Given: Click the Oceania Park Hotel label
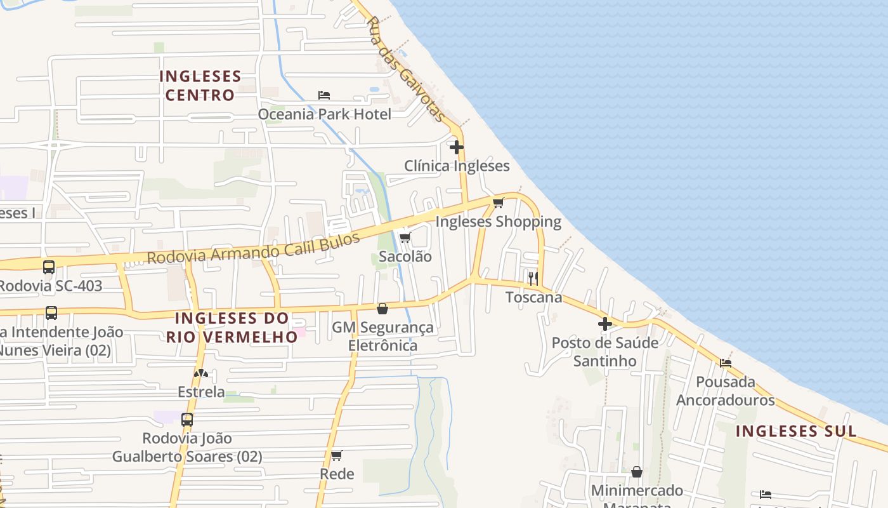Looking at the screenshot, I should coord(324,114).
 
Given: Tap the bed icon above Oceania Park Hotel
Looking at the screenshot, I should coord(324,95).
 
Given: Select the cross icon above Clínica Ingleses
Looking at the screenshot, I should coord(456,147).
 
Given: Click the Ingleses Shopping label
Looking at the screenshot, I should coord(498,222).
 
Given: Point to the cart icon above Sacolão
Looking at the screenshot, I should coord(405,237).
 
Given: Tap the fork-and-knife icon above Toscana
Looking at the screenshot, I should coord(533,278).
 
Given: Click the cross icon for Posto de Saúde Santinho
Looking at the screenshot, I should coord(605,324).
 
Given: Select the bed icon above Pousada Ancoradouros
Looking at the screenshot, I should coord(726,363).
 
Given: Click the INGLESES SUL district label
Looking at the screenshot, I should coord(796,431).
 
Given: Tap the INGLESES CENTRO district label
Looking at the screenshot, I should coord(200,86).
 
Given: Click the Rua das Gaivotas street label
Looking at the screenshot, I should coord(405,69).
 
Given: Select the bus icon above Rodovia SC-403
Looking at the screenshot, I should coord(49,267).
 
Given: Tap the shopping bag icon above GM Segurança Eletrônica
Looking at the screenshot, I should coord(382,309).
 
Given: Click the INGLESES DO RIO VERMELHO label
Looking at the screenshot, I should coord(232,327).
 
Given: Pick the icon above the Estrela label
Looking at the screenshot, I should coord(201,373).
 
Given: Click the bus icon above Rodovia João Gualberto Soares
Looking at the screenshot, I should coord(187,419).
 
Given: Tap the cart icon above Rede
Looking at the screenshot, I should coord(337,455).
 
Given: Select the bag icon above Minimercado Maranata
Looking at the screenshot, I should coord(637,472).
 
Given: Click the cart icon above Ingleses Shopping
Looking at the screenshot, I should coord(498,203).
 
